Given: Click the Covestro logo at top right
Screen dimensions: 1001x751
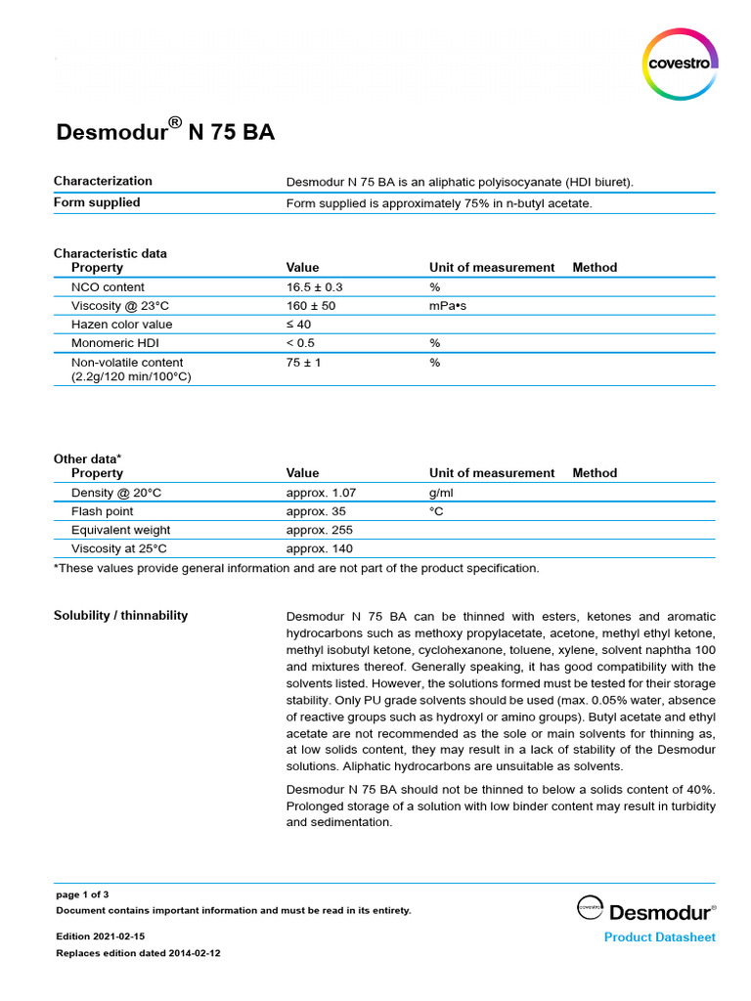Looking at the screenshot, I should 682,65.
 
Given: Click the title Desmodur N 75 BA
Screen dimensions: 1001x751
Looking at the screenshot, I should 164,131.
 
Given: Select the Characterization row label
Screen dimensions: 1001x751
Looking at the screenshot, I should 103,181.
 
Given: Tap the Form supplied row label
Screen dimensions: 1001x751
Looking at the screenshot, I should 97,202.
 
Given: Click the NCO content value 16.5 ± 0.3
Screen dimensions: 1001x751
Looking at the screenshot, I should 315,287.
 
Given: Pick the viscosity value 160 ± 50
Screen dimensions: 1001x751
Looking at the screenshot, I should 311,306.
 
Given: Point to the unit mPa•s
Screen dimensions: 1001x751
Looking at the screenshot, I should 449,306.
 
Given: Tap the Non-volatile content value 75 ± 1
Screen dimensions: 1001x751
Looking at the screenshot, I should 303,363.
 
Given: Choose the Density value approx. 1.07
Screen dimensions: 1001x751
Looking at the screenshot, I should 321,493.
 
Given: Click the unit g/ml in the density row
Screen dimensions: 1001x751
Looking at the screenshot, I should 441,493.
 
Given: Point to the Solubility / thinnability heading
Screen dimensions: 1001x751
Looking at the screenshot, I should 120,616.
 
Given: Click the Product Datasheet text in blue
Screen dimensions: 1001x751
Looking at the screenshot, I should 659,937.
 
